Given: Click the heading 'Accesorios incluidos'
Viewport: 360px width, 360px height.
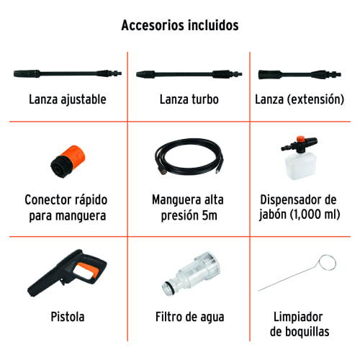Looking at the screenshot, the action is [180, 25].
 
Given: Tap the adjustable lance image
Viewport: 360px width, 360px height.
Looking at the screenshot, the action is [68, 73].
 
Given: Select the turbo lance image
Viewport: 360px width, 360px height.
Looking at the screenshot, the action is [189, 74].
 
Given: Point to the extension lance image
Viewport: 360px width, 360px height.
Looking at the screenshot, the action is [300, 74].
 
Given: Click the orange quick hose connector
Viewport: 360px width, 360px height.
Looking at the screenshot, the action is [68, 161].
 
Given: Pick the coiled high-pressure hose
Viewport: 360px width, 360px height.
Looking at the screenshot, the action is [189, 157].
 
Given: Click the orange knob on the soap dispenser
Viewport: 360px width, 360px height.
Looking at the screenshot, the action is [300, 139].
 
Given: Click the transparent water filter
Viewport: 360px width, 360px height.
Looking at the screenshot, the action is [191, 274].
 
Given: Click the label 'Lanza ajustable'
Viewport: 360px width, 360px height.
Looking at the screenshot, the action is [68, 99].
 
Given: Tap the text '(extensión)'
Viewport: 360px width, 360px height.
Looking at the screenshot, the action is [315, 99].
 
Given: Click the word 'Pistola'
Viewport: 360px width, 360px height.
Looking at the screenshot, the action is [68, 317].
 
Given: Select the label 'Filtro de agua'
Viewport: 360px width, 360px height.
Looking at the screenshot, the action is [189, 317].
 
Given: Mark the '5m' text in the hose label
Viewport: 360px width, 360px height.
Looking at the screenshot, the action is [210, 215].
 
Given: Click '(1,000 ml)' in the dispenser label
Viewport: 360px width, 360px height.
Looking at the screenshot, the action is [315, 214].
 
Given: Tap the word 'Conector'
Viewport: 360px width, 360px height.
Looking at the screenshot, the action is [45, 199].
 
